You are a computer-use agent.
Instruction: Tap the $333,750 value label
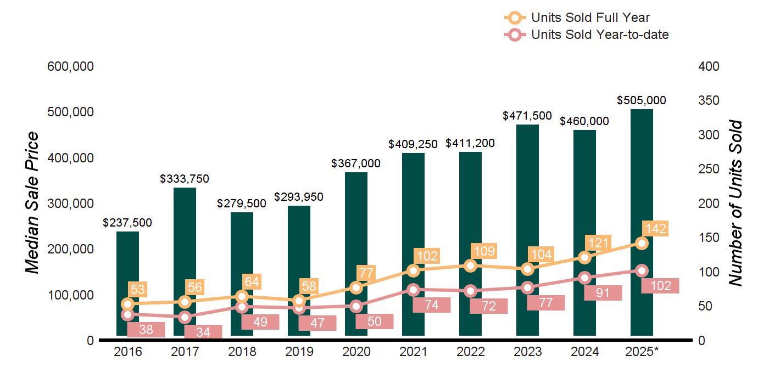(x=185, y=179)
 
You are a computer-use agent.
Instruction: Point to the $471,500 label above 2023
(x=527, y=116)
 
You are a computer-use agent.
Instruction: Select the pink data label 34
(x=203, y=332)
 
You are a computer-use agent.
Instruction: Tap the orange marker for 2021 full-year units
(x=414, y=270)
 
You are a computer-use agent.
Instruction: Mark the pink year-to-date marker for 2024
(x=585, y=278)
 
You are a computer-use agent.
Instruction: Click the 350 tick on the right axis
(x=709, y=101)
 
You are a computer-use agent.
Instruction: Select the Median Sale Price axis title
(x=32, y=203)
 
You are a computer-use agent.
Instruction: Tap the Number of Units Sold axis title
(x=735, y=203)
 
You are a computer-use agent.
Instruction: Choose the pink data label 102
(x=660, y=286)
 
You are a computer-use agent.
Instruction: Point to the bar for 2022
(x=470, y=241)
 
